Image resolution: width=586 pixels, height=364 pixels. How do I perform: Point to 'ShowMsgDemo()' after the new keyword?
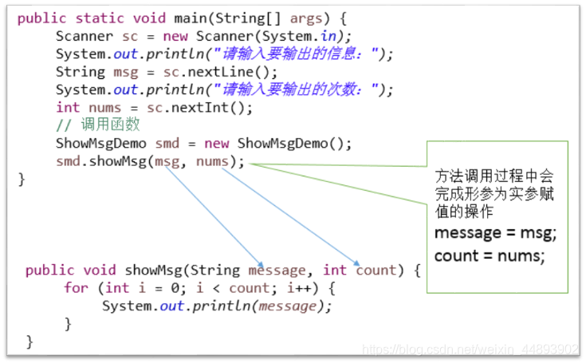point(294,143)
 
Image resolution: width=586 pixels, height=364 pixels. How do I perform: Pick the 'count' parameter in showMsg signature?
point(376,270)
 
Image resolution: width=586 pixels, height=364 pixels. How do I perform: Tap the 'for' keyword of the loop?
point(75,287)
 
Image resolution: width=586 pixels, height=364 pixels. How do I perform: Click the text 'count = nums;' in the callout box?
point(489,255)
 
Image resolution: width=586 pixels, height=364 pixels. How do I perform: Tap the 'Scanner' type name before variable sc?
point(85,36)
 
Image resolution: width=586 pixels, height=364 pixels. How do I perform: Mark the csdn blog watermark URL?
point(470,350)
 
